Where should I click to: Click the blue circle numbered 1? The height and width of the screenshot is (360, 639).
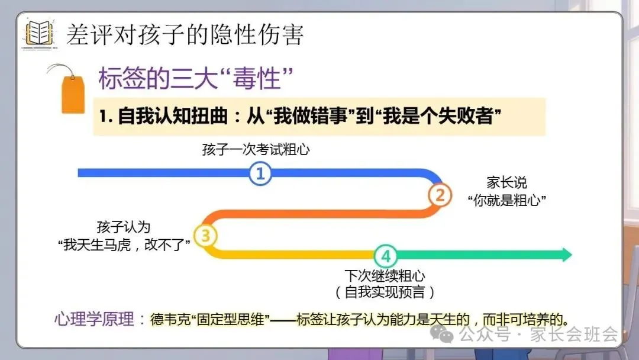[260, 173]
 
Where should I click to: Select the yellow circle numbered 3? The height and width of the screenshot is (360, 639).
[205, 236]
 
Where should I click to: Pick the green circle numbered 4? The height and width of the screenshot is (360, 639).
[385, 256]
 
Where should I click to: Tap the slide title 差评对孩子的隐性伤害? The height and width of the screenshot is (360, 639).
[185, 35]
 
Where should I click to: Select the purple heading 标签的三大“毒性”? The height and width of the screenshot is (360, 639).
[196, 79]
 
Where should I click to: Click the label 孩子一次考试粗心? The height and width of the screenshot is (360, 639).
[256, 150]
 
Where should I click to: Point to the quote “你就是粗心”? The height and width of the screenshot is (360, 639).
[506, 200]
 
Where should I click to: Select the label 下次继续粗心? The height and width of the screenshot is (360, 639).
[385, 276]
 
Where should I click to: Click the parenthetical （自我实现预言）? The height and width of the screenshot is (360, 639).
[385, 292]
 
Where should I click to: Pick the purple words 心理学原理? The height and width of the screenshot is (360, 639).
[93, 319]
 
